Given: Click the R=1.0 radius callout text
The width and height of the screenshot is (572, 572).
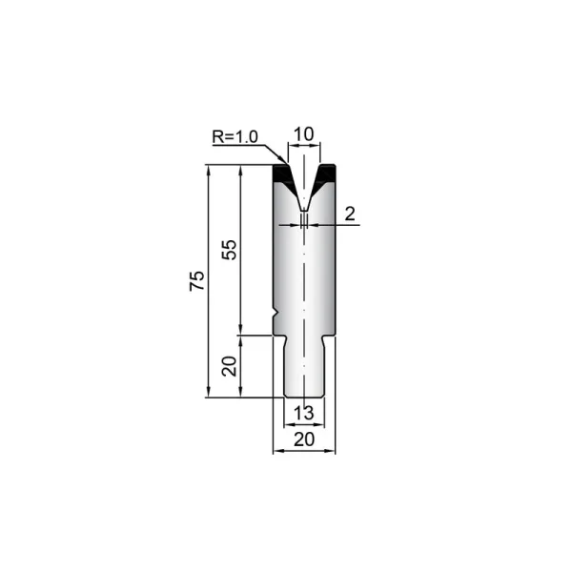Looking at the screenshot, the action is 235,136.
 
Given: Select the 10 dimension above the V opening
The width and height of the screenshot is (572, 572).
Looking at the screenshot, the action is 303,133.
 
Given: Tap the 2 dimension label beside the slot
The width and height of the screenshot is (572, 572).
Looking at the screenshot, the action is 350,214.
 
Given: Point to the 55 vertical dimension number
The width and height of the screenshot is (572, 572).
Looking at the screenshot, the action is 230,250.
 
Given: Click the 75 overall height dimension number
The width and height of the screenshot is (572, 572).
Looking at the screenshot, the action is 197,280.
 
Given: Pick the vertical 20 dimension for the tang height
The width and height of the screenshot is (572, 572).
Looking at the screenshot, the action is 230,366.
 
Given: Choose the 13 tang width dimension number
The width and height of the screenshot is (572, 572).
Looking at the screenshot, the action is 303,413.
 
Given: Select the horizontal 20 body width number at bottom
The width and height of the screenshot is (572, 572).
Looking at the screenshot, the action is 304,439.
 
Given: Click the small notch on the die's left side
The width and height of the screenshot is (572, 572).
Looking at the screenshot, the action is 276,314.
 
